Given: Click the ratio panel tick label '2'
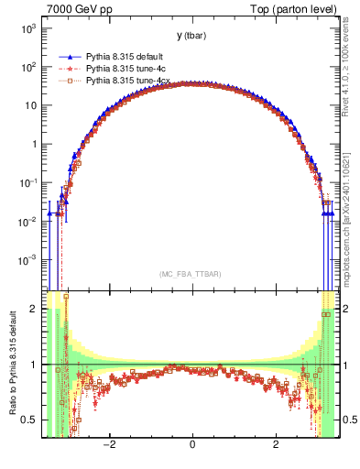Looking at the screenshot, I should click(33, 309).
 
